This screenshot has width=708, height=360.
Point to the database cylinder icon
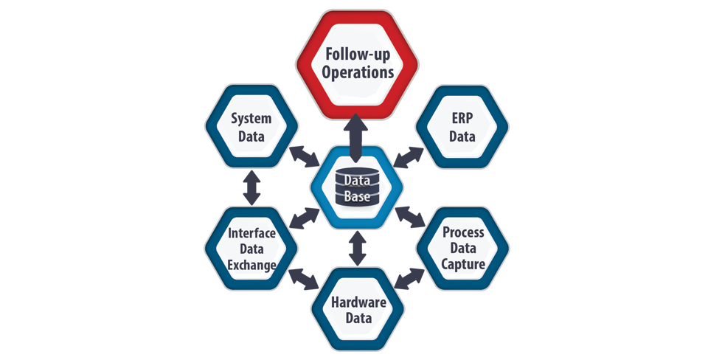pos(358,188)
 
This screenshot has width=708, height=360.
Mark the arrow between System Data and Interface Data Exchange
pos(252,187)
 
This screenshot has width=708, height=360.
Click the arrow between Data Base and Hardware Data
pos(358,248)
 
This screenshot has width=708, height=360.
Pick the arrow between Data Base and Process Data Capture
pos(409,217)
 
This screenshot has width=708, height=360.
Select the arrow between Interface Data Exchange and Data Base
pos(304,218)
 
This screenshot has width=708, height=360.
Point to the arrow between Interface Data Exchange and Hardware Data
pos(303,279)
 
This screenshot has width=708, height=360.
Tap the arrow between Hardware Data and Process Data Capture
pos(409,279)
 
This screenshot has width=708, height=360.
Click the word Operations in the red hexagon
pos(358,73)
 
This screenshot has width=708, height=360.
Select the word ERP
pos(462,117)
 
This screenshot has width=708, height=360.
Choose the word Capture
pos(464,264)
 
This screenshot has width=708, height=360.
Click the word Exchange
pos(251,264)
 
